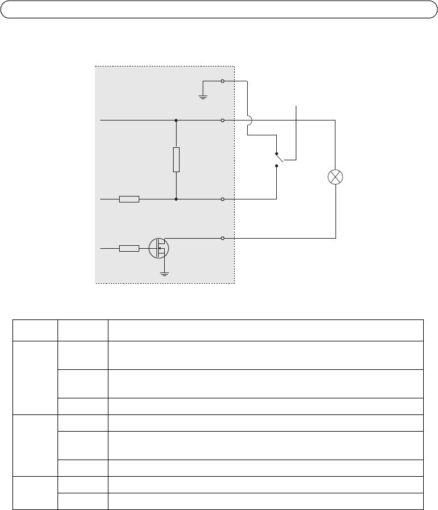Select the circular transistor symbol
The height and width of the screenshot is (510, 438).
(159, 248)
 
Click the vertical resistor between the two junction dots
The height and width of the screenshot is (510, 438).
(176, 160)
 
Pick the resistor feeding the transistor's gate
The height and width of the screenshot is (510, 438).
(129, 248)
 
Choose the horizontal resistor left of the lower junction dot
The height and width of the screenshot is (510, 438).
(129, 199)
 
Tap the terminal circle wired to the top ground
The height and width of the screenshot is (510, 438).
(222, 81)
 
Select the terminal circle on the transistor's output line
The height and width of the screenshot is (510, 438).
(222, 239)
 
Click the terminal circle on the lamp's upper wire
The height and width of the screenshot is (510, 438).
(222, 120)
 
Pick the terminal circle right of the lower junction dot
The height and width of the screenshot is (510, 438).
(222, 199)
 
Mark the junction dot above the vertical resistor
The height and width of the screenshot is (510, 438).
(176, 120)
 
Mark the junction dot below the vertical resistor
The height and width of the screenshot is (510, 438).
(176, 199)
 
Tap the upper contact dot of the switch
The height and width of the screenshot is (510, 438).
(277, 154)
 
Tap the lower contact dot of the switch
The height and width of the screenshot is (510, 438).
(277, 166)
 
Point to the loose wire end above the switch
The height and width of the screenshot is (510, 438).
(296, 106)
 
